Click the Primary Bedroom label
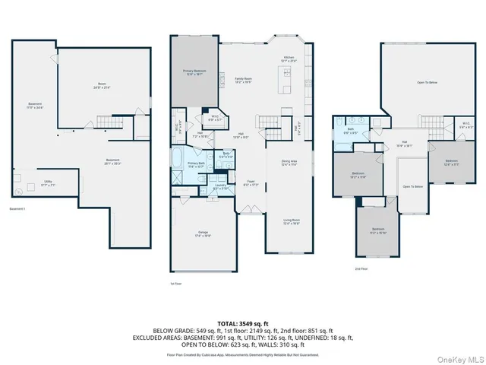pyautogui.click(x=194, y=73)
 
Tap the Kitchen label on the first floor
pyautogui.click(x=289, y=59)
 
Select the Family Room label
pyautogui.click(x=243, y=80)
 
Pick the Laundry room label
pyautogui.click(x=221, y=186)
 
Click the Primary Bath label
pyautogui.click(x=195, y=164)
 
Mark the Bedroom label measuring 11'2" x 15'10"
pyautogui.click(x=378, y=231)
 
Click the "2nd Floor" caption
pyautogui.click(x=361, y=268)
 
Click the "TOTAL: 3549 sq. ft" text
pyautogui.click(x=243, y=324)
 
